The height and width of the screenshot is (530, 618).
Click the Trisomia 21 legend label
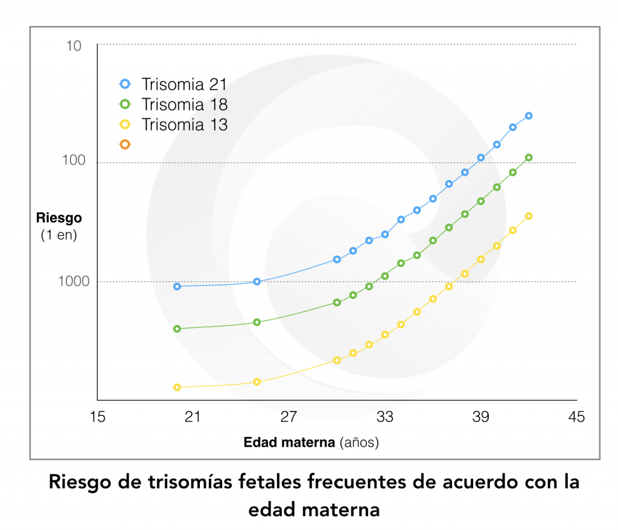184,85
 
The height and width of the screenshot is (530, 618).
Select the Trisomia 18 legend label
184,104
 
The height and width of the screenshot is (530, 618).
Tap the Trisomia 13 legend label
184,125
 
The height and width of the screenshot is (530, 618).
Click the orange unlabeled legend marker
125,144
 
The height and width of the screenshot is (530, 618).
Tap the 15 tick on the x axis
97,417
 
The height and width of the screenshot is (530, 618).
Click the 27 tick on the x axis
288,417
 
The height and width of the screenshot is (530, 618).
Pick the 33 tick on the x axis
384,417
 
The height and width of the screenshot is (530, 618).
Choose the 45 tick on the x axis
576,417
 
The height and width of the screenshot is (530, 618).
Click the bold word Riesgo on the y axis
59,218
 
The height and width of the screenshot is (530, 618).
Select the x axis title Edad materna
288,442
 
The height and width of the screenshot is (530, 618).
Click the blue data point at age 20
177,287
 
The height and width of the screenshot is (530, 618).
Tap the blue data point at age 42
529,116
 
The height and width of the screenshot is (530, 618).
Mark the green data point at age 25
256,322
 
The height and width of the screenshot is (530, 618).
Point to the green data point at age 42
529,158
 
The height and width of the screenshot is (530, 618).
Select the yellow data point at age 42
529,216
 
